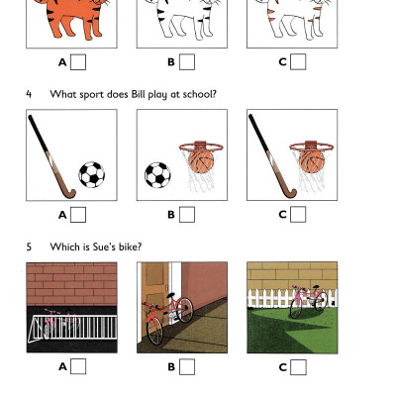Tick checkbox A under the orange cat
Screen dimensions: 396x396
pos(78,62)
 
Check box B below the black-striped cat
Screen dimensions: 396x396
pos(187,62)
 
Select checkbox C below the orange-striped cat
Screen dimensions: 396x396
pos(298,62)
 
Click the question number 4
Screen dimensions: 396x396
pos(29,94)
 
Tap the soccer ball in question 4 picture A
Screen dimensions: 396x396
pos(91,176)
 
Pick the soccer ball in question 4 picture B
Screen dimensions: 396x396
pos(157,176)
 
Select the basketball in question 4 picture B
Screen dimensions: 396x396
pos(201,158)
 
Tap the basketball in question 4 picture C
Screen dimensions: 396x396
pos(311,158)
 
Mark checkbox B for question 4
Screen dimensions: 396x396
pos(187,215)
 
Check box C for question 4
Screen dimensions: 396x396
pos(298,215)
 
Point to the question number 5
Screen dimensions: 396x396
pos(29,247)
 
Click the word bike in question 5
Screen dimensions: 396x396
pos(104,247)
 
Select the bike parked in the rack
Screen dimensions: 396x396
pos(59,323)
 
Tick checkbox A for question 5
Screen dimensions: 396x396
pos(78,366)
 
